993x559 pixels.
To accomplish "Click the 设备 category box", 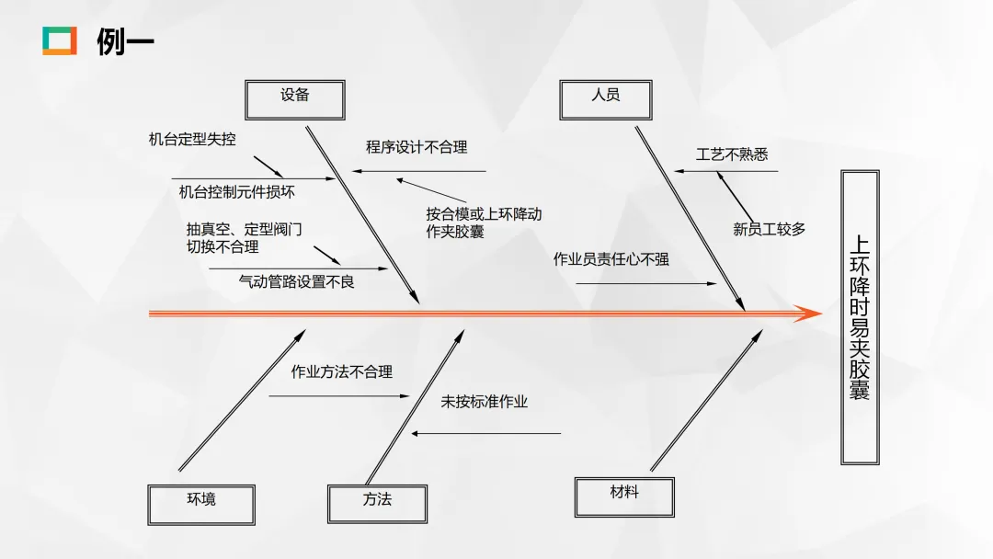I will (295, 98).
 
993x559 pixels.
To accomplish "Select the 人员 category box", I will (605, 98).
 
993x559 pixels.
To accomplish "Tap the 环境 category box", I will (200, 503).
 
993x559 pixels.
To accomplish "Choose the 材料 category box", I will (624, 496).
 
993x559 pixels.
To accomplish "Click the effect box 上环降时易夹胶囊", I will (860, 317).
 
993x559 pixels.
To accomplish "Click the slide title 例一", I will (125, 41).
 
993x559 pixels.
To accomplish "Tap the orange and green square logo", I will (60, 40).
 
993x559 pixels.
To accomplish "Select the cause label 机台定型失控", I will (192, 141).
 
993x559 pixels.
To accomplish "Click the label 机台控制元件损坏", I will (237, 192).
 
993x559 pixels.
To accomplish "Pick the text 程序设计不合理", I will (417, 147).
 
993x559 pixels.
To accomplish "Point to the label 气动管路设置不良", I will (296, 282).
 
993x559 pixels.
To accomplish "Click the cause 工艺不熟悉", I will (732, 154).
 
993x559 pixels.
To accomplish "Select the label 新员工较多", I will (769, 230).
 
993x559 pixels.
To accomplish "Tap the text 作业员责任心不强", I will (611, 259).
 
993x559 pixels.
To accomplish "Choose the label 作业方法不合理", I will (342, 372).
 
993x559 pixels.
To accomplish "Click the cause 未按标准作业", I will (485, 402).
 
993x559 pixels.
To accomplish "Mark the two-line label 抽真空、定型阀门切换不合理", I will (243, 238).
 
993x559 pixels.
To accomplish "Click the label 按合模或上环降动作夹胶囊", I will (484, 223).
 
